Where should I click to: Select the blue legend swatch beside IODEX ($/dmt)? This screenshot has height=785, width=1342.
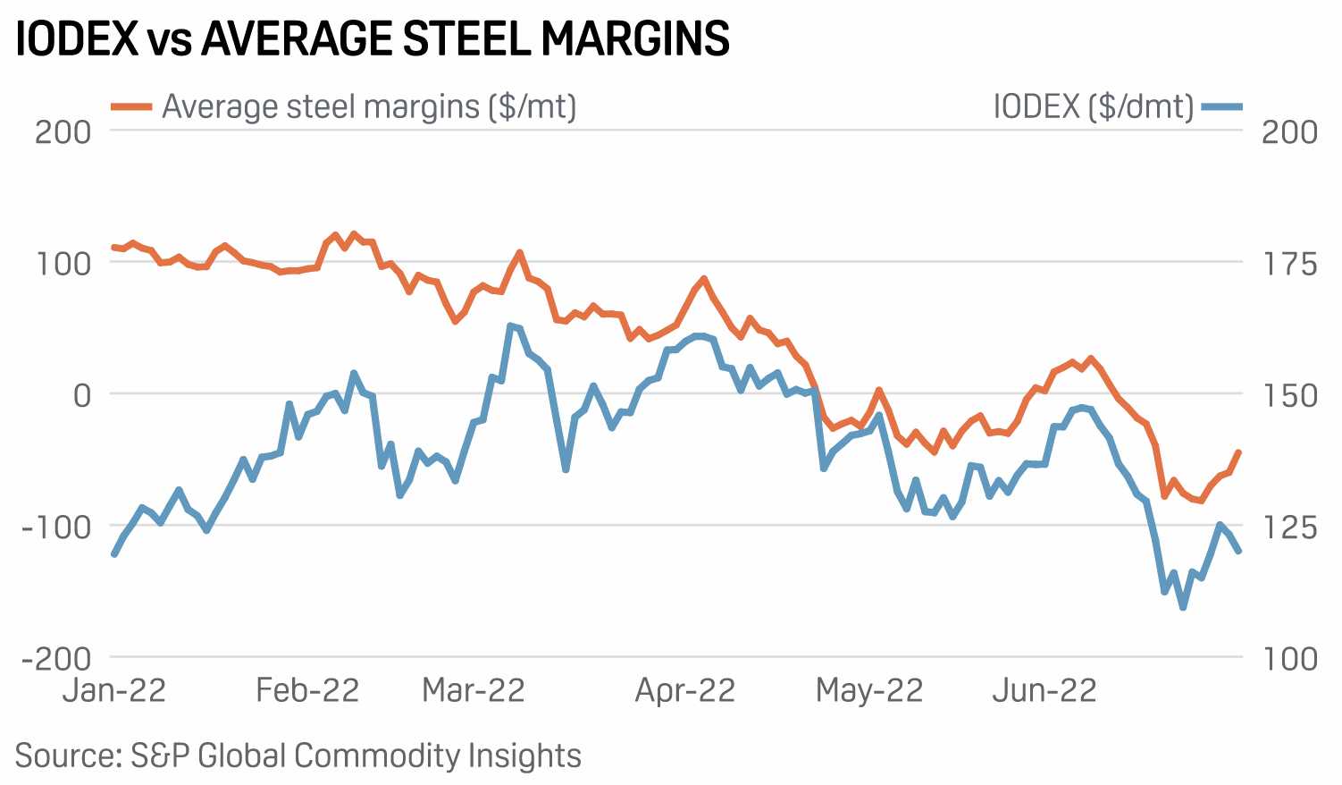[x=1221, y=107]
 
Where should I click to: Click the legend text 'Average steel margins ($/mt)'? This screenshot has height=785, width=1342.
[x=368, y=106]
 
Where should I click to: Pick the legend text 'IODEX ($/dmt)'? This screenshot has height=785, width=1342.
[x=1093, y=107]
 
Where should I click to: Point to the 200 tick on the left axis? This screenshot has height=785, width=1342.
[x=63, y=131]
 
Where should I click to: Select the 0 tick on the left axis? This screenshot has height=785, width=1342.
[x=82, y=394]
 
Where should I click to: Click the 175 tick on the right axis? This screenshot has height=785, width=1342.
[x=1289, y=264]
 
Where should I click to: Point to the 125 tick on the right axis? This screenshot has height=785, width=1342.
[x=1289, y=527]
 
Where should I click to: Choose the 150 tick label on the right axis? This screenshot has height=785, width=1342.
[x=1289, y=395]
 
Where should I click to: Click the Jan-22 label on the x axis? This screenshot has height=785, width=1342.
[x=114, y=690]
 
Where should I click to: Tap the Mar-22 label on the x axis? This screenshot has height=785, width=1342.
[x=473, y=690]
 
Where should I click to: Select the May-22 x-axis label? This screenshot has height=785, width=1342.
[x=868, y=690]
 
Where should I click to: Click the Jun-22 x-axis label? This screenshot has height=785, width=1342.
[x=1044, y=690]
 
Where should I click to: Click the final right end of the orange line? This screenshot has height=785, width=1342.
[x=1239, y=452]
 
